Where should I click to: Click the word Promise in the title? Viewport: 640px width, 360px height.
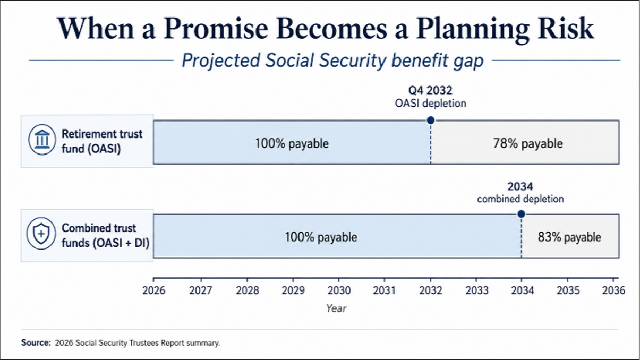(216, 29)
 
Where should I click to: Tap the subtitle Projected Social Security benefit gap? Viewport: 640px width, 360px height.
(333, 61)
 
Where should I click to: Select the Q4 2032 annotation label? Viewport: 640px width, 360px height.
(430, 90)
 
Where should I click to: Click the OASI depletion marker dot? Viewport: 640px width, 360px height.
(431, 121)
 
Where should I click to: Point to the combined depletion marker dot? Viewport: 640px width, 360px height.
(522, 214)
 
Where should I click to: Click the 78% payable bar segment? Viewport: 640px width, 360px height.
(525, 142)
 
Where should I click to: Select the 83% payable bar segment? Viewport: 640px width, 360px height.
(570, 236)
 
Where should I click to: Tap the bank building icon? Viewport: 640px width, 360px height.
(42, 140)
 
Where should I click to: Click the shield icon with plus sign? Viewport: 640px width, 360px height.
(41, 234)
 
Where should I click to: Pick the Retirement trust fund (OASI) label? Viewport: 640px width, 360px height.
(102, 141)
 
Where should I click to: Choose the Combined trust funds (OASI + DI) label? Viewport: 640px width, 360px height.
(106, 235)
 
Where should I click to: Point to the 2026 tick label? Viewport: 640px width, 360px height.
(153, 290)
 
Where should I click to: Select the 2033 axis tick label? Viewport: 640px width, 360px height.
(477, 290)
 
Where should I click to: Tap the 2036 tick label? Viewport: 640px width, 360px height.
(614, 290)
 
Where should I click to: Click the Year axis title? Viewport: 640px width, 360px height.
(336, 308)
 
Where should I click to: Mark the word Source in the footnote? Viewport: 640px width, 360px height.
(36, 342)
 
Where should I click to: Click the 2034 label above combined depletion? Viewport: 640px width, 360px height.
(520, 186)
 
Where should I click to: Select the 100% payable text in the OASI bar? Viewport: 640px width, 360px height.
(292, 143)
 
